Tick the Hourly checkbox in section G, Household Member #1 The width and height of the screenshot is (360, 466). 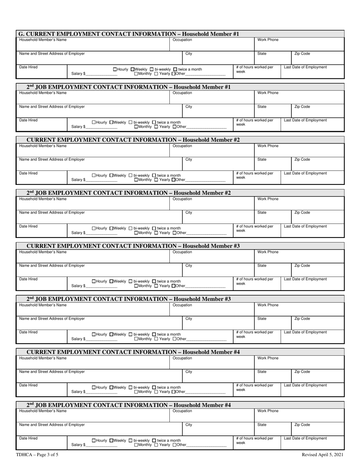click(115, 69)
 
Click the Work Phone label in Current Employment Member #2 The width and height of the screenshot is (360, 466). click(268, 146)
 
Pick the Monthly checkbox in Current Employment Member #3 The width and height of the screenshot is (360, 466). click(136, 286)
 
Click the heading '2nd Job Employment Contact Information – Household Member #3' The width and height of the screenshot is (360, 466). click(129, 299)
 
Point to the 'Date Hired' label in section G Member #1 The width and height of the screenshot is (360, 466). click(28, 67)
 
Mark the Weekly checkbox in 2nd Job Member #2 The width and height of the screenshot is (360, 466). click(111, 228)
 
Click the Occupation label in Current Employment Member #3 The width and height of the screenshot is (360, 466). click(182, 252)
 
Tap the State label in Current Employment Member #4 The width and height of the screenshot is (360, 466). click(262, 372)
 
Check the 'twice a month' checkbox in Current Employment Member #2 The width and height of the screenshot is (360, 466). click(154, 175)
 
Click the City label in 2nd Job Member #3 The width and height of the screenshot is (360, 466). click(189, 319)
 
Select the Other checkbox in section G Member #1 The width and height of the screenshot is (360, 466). click(174, 73)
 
